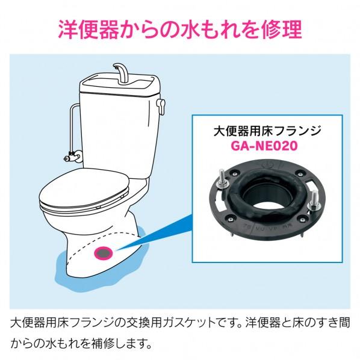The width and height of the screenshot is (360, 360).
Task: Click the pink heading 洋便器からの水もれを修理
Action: click(x=179, y=31)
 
